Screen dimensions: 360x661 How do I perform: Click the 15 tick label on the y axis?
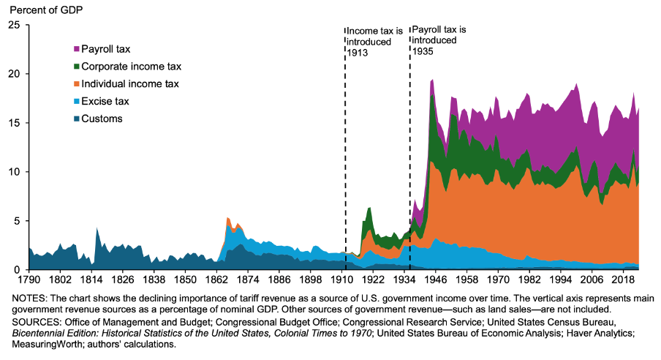(x=14, y=123)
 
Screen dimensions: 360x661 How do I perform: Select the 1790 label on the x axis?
(x=29, y=280)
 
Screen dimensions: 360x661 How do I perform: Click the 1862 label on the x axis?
(x=216, y=280)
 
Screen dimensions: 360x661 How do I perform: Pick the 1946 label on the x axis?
(x=434, y=280)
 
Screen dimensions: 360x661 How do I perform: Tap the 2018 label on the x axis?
(x=622, y=280)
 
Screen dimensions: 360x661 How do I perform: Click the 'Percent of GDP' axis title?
(x=41, y=8)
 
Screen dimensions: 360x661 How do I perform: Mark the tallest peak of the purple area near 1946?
(x=433, y=80)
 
